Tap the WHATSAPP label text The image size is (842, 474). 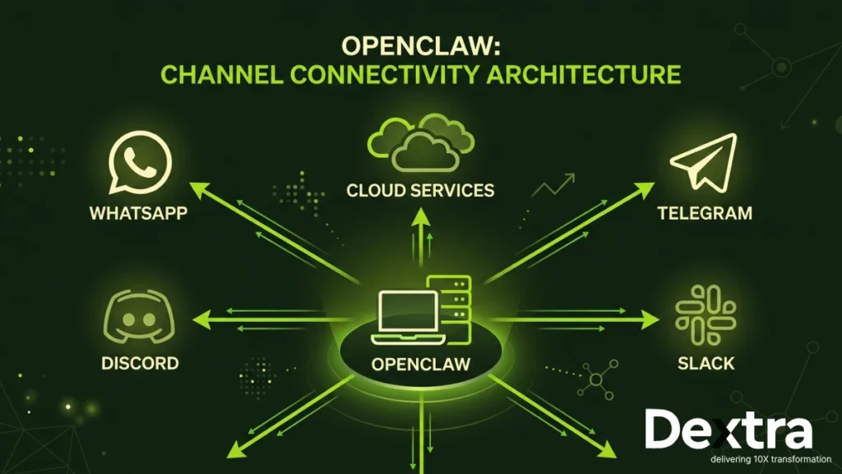[138, 213]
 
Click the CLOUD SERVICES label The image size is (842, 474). [420, 191]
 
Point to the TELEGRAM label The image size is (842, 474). [704, 213]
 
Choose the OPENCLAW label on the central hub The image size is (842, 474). [421, 364]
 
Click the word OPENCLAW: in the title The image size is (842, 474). [420, 47]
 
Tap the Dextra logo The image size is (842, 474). [727, 430]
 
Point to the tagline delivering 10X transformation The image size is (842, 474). [736, 459]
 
